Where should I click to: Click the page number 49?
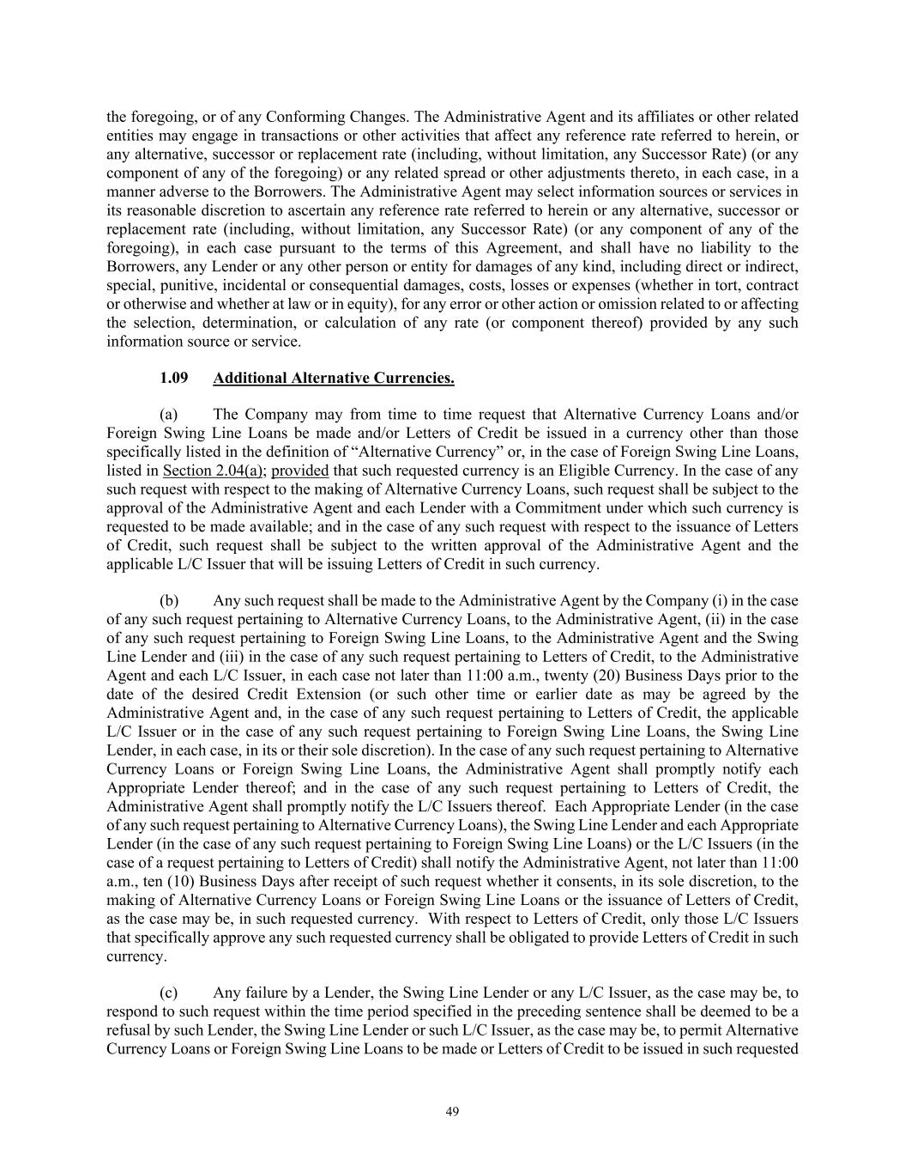pyautogui.click(x=452, y=1112)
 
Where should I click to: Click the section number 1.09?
pyautogui.click(x=174, y=378)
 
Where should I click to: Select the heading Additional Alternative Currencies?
pyautogui.click(x=334, y=378)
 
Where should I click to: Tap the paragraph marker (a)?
pyautogui.click(x=169, y=415)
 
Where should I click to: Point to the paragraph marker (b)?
pyautogui.click(x=169, y=600)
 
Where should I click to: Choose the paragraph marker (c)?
pyautogui.click(x=169, y=993)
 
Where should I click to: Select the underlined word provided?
pyautogui.click(x=300, y=471)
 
